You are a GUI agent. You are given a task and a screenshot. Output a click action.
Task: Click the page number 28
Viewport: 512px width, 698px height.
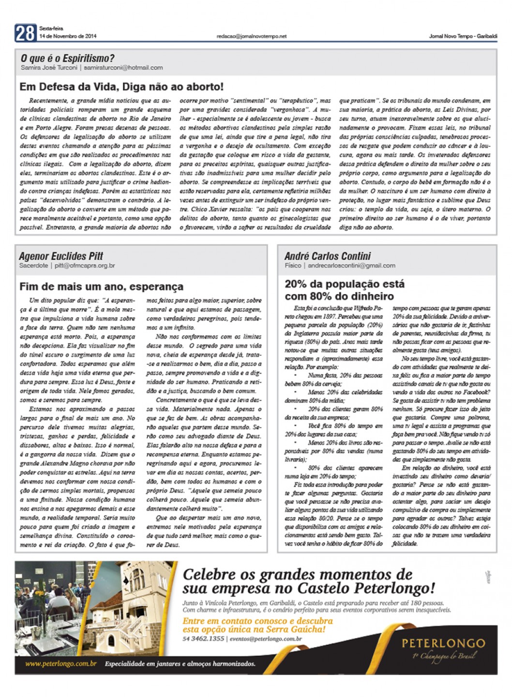(25, 33)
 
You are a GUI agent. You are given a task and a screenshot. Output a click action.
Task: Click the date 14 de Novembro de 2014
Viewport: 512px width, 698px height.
(68, 36)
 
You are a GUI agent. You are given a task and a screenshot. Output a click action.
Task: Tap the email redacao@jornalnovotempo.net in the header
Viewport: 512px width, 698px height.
(252, 36)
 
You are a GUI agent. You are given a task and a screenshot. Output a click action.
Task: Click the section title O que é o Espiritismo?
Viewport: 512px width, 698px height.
(67, 59)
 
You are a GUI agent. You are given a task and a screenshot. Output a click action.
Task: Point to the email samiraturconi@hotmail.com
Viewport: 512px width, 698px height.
(123, 68)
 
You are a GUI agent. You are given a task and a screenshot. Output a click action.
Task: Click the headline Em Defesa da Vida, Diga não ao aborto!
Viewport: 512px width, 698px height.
(121, 87)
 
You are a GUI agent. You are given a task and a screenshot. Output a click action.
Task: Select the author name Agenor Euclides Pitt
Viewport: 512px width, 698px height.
(61, 256)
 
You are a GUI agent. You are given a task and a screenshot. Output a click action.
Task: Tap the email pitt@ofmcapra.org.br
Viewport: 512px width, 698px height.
(85, 266)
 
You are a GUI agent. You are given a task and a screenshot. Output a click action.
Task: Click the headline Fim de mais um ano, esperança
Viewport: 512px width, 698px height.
(101, 286)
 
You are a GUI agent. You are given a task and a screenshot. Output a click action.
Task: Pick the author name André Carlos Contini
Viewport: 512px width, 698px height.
(328, 256)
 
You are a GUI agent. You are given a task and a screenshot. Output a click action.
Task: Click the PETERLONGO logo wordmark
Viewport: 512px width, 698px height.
(443, 643)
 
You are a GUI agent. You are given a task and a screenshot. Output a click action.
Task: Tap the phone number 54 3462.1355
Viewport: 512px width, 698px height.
(203, 639)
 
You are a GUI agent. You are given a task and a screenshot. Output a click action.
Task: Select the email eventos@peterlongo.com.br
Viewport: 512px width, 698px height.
(266, 639)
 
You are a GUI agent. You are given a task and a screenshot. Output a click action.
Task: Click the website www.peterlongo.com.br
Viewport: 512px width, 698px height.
(61, 664)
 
